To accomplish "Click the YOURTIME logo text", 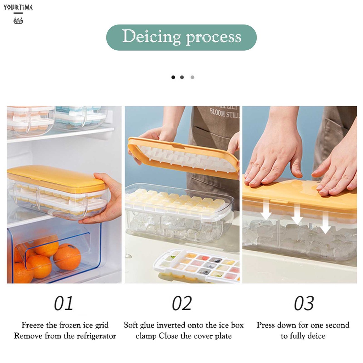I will (x=18, y=7).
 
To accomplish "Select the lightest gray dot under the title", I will (x=192, y=77).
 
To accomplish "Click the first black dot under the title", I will (x=173, y=77).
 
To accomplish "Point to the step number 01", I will (x=63, y=303).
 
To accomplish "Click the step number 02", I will (x=181, y=303).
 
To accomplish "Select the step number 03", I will (x=304, y=303).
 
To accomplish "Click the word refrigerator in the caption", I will (x=95, y=336).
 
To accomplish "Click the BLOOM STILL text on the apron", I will (x=224, y=113).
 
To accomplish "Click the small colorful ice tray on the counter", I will (x=199, y=266).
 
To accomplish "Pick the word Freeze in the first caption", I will (x=34, y=325).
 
